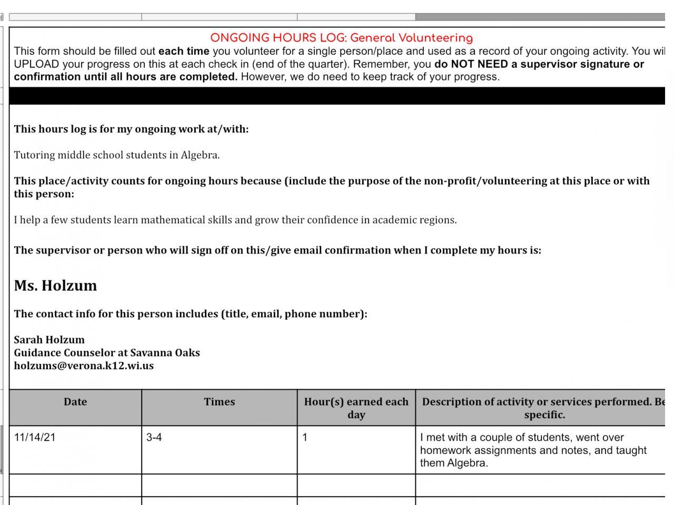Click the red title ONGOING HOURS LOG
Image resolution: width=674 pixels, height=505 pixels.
[341, 38]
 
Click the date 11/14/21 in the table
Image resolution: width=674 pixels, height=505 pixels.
[34, 438]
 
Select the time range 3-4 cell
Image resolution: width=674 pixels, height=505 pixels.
[154, 438]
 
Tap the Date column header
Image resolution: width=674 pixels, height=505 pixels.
[75, 402]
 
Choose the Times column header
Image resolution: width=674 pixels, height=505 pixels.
[219, 402]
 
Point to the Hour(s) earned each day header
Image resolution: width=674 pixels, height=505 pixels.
[356, 408]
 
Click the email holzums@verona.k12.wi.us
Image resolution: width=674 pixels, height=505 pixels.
[84, 366]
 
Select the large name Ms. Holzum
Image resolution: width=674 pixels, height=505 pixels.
[55, 286]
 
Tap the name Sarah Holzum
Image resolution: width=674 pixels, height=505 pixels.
[49, 339]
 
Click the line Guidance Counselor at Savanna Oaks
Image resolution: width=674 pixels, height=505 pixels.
[107, 352]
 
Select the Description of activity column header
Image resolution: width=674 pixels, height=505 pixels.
[542, 408]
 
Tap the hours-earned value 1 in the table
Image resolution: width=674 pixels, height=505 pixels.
[305, 438]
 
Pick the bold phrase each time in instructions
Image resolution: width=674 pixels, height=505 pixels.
[184, 52]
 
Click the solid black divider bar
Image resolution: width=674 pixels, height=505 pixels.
[337, 96]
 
